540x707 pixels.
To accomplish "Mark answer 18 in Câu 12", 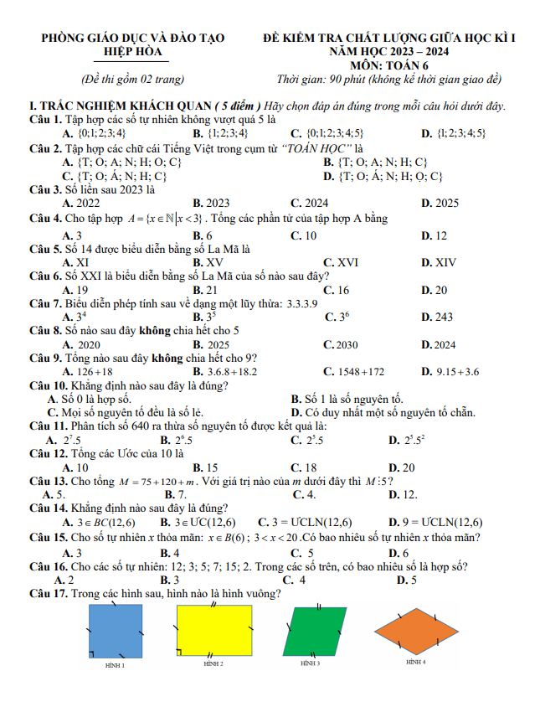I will pos(308,467).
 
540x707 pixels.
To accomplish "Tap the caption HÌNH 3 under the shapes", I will pos(311,663).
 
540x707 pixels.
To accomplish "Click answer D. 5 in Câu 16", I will pos(407,580).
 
